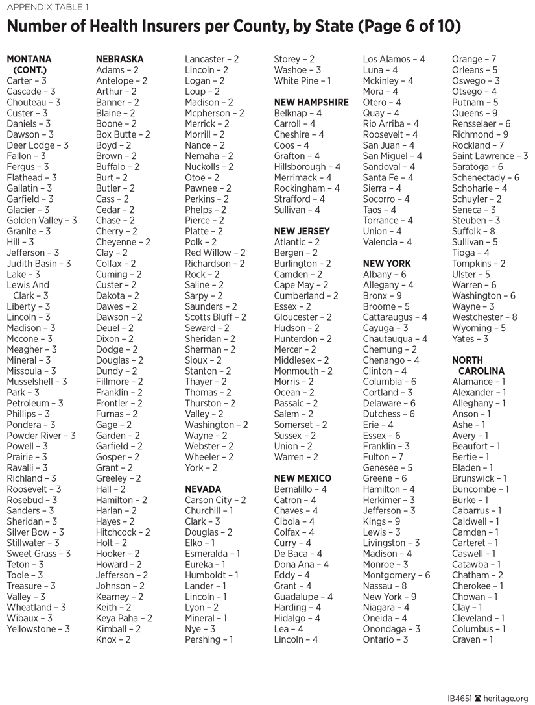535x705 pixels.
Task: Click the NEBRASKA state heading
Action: pos(120,59)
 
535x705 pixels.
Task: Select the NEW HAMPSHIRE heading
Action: pos(311,102)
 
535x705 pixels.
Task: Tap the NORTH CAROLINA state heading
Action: pos(478,365)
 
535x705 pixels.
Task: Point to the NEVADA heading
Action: pos(203,489)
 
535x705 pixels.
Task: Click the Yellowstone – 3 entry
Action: pos(38,629)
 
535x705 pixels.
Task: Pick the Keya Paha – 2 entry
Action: pos(124,618)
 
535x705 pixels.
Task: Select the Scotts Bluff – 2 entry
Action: pos(215,317)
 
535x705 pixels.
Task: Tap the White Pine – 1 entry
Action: pos(302,80)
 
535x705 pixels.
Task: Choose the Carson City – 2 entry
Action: pos(215,500)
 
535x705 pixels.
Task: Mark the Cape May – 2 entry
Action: pos(301,285)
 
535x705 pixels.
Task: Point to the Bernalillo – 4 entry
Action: pos(300,489)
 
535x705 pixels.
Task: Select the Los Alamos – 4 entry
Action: pos(394,59)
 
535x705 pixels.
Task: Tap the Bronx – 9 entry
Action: pos(382,296)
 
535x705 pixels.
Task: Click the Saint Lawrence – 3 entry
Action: pos(490,156)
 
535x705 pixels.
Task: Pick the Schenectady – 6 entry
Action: pos(485,177)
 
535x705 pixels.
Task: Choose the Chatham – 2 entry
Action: pos(477,575)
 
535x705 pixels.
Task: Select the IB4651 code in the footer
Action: pos(460,698)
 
